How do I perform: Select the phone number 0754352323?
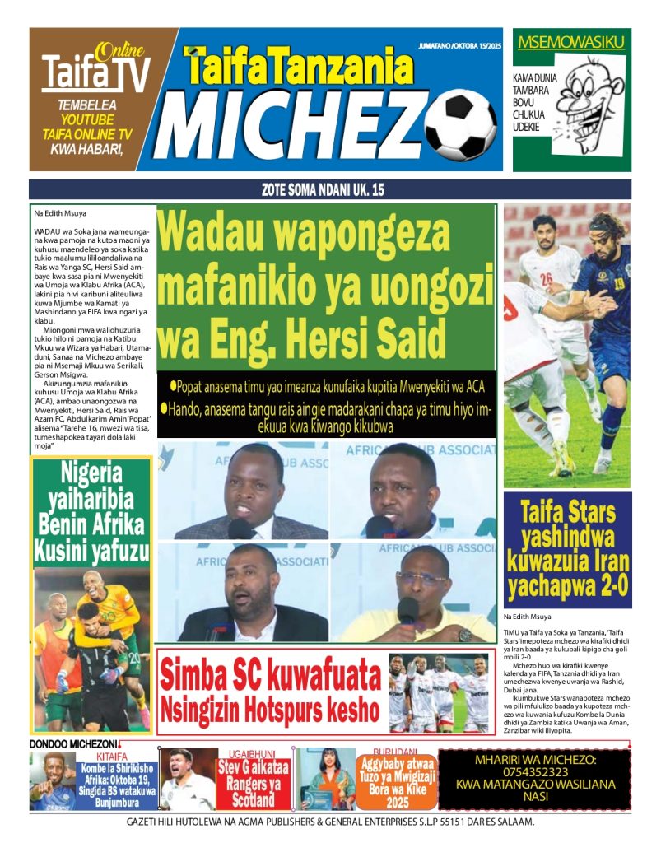click(x=535, y=772)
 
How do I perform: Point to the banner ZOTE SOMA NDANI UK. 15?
click(x=330, y=190)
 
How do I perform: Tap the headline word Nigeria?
click(x=91, y=473)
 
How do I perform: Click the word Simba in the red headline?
click(x=198, y=676)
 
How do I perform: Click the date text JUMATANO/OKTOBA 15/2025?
click(x=459, y=45)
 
